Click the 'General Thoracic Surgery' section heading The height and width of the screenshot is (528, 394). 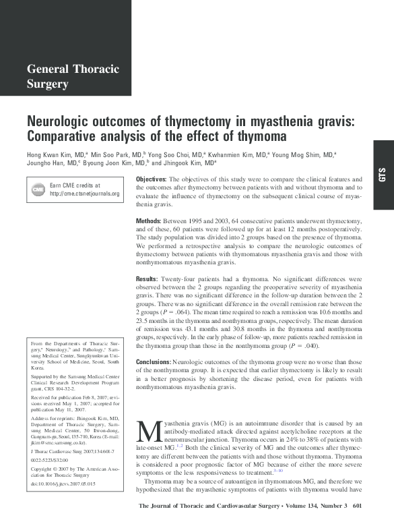pyautogui.click(x=73, y=76)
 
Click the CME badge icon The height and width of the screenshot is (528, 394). pyautogui.click(x=38, y=189)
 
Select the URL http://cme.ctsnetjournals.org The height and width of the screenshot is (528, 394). pyautogui.click(x=84, y=194)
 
